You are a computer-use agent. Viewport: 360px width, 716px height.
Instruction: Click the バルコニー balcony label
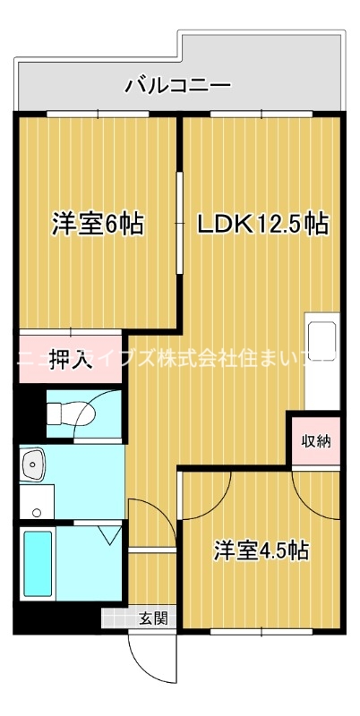(x=178, y=86)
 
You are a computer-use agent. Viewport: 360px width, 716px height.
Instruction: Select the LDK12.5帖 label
(x=261, y=223)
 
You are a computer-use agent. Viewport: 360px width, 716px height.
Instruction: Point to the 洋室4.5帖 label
(x=261, y=550)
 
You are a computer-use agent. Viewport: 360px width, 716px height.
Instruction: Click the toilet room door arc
(x=106, y=407)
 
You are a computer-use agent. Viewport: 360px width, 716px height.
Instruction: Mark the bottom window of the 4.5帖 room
(x=261, y=632)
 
